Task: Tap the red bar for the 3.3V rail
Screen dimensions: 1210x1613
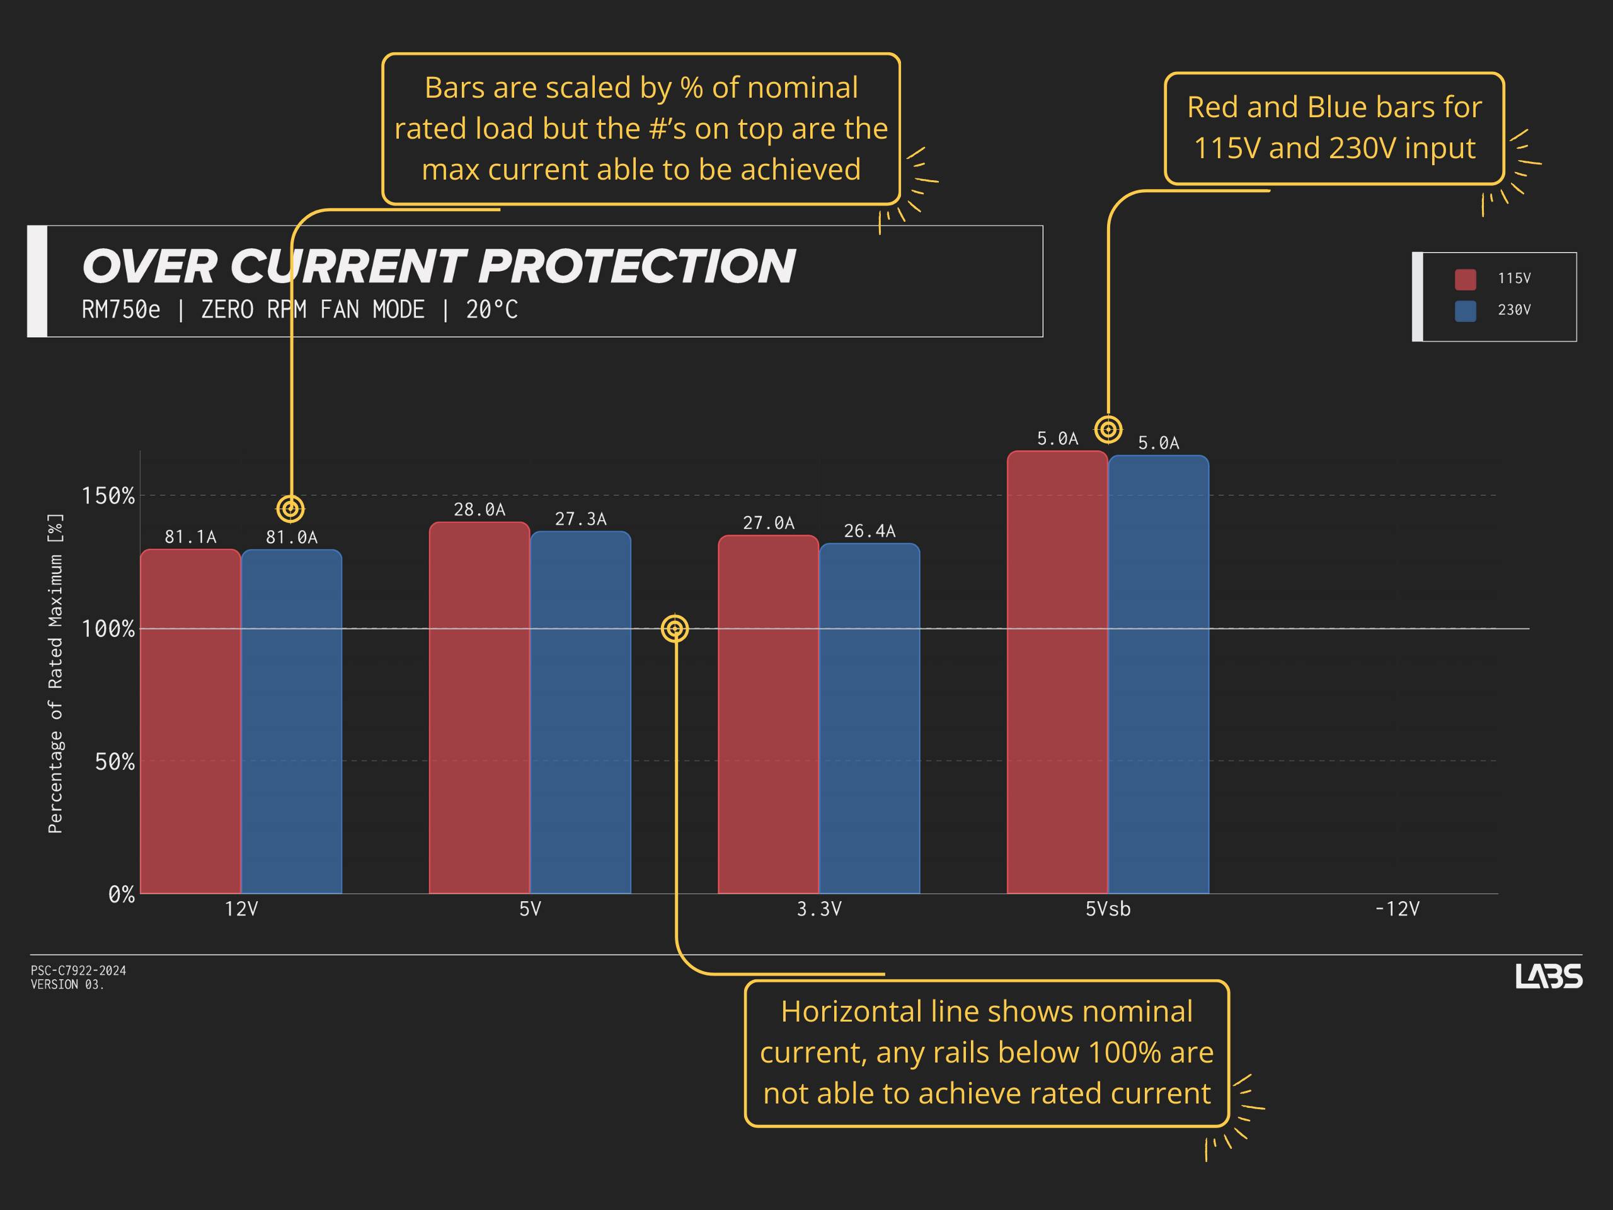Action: (768, 714)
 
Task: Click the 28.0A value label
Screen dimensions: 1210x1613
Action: (479, 510)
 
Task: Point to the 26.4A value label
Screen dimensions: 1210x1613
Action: (870, 531)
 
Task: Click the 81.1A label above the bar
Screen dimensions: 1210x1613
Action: (190, 538)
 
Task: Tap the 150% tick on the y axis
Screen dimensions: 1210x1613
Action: (108, 496)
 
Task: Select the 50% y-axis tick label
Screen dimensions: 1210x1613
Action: (115, 761)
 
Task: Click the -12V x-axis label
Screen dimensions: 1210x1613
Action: (1396, 909)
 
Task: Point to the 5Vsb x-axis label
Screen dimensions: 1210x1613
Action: (1108, 909)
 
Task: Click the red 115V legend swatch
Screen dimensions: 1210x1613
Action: (1465, 279)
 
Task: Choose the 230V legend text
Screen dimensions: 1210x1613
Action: (1514, 310)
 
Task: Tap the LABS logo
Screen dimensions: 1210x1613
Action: (1548, 976)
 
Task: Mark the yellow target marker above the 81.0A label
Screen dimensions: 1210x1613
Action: (290, 509)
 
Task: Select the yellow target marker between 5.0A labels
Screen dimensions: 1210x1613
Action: (1108, 430)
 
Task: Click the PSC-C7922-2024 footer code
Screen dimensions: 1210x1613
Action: (78, 971)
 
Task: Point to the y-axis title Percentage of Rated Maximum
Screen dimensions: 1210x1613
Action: (55, 673)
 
